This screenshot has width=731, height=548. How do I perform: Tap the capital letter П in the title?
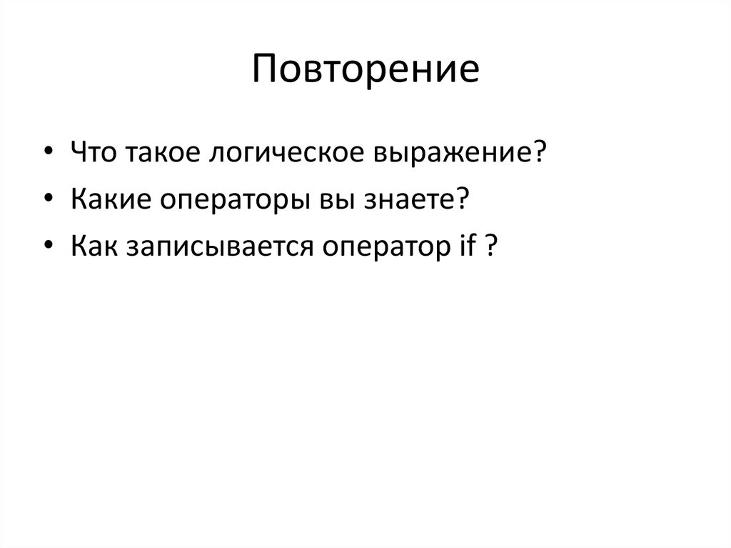click(266, 69)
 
